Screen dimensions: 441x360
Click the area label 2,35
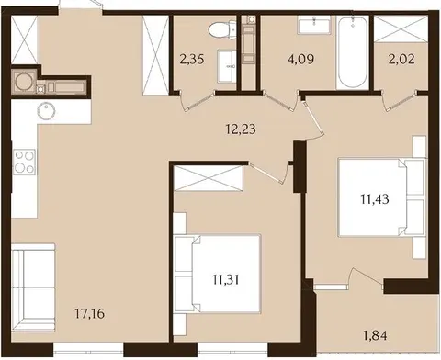192,59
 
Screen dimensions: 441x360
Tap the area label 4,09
300,59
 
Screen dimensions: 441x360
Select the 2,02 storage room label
402,59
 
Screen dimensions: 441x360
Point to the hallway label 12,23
241,129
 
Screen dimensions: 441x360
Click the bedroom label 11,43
375,199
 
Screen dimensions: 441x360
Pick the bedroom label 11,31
226,279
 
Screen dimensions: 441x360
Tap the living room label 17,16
90,313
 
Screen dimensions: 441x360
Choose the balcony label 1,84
375,335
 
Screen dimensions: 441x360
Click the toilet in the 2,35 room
221,30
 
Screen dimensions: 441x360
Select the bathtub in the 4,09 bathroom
352,52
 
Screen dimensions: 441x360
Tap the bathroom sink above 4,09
313,25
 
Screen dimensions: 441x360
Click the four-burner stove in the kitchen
25,163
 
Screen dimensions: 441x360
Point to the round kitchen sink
46,111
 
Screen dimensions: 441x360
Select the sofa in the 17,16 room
33,287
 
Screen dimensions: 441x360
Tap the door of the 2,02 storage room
400,99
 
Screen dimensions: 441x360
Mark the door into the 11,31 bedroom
269,172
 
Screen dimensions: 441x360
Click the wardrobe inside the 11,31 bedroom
209,178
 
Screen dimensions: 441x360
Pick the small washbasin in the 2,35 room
227,66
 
